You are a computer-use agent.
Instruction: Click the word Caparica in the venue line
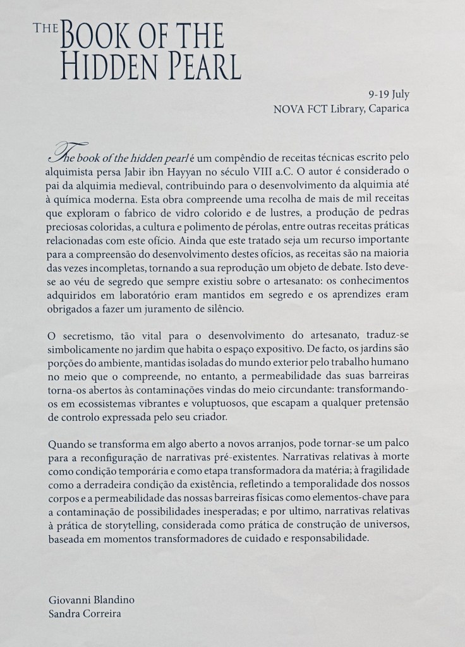click(x=386, y=108)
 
